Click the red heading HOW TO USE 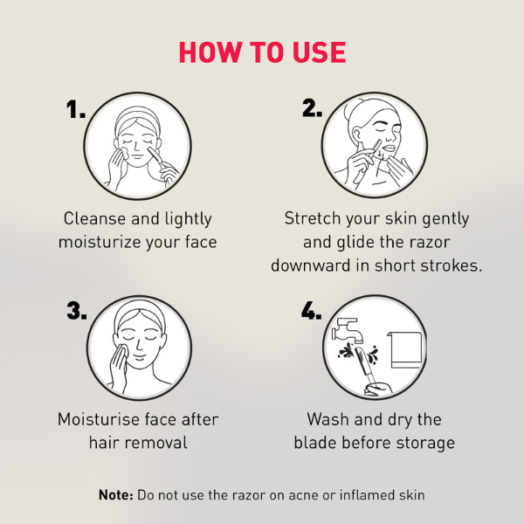click(x=262, y=52)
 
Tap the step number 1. click(x=77, y=110)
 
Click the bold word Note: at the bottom click(x=116, y=495)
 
